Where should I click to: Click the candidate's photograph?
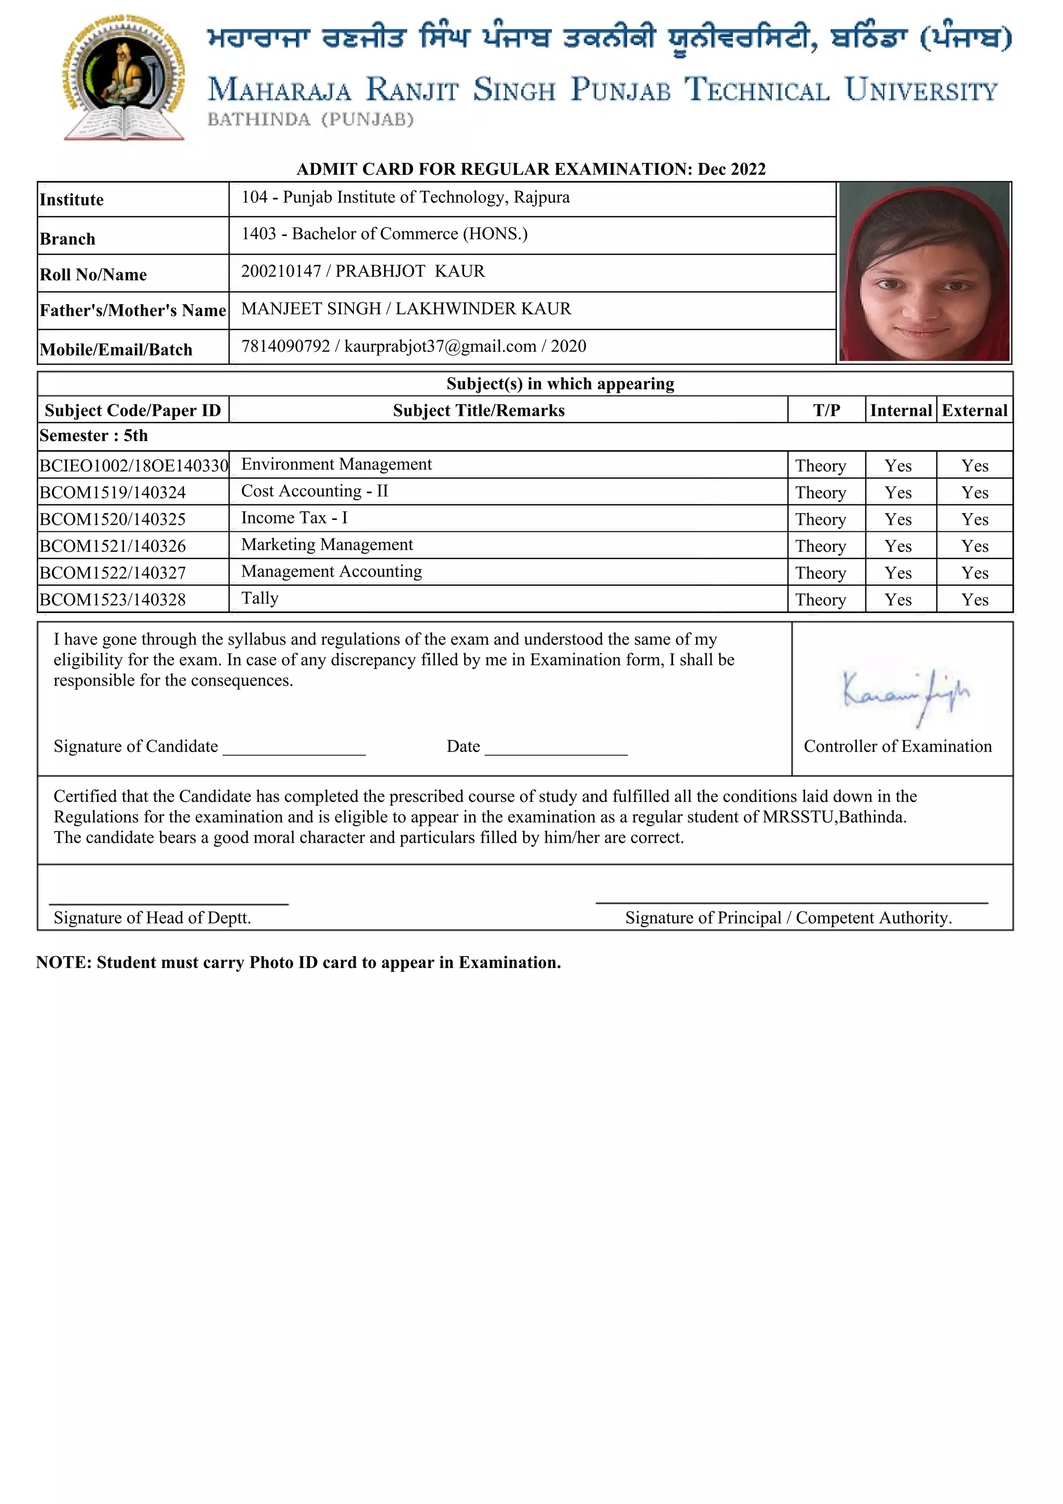(x=924, y=272)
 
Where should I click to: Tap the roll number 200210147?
(x=281, y=271)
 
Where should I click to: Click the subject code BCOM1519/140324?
(x=113, y=493)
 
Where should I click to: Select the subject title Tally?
(x=260, y=598)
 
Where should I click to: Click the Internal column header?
(x=901, y=411)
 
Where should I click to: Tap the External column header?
(x=975, y=411)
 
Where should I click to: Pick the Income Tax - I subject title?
(x=294, y=518)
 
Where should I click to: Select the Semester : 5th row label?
(x=93, y=435)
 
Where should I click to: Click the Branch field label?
(x=67, y=239)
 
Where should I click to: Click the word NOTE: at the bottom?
(x=63, y=962)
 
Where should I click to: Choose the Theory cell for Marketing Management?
(x=821, y=546)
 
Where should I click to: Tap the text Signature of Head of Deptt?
(x=152, y=918)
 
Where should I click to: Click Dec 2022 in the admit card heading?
(x=731, y=169)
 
